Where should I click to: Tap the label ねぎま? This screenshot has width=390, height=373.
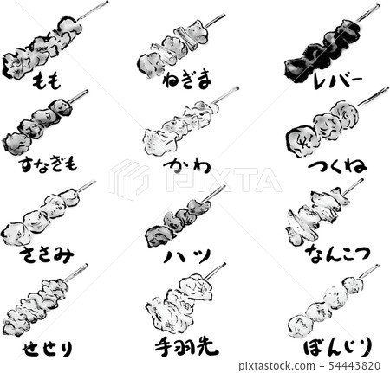coord(186,80)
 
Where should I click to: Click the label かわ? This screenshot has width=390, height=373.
coord(186,164)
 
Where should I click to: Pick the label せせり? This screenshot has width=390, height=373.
coord(44,347)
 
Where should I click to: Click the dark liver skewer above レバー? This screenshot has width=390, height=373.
coord(325,46)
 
